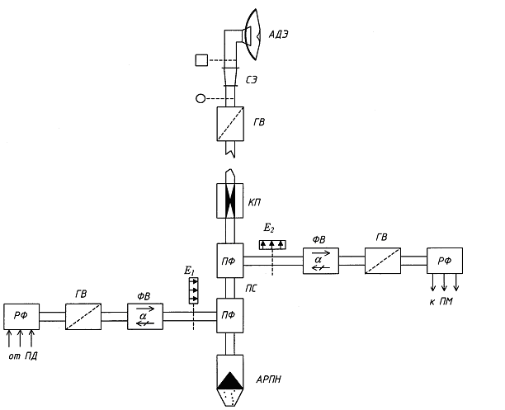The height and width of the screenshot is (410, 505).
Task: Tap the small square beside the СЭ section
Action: pyautogui.click(x=201, y=59)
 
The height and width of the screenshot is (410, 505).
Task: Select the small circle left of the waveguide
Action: pyautogui.click(x=200, y=99)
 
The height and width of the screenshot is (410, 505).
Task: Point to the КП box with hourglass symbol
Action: pyautogui.click(x=232, y=200)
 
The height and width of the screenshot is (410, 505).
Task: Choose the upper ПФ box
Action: pyautogui.click(x=231, y=261)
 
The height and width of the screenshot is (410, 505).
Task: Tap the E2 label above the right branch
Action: pyautogui.click(x=269, y=226)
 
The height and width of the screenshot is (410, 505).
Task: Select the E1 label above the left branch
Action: pyautogui.click(x=190, y=270)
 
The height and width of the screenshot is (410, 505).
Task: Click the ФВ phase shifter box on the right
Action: pyautogui.click(x=317, y=261)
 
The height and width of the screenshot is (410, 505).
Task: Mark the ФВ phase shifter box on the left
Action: pyautogui.click(x=145, y=316)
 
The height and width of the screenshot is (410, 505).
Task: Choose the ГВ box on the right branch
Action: pyautogui.click(x=384, y=261)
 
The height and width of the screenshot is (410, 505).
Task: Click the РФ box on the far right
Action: pyautogui.click(x=445, y=261)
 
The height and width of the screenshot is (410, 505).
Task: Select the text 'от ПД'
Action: pyautogui.click(x=24, y=356)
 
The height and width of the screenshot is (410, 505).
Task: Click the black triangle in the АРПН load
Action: pyautogui.click(x=232, y=380)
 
